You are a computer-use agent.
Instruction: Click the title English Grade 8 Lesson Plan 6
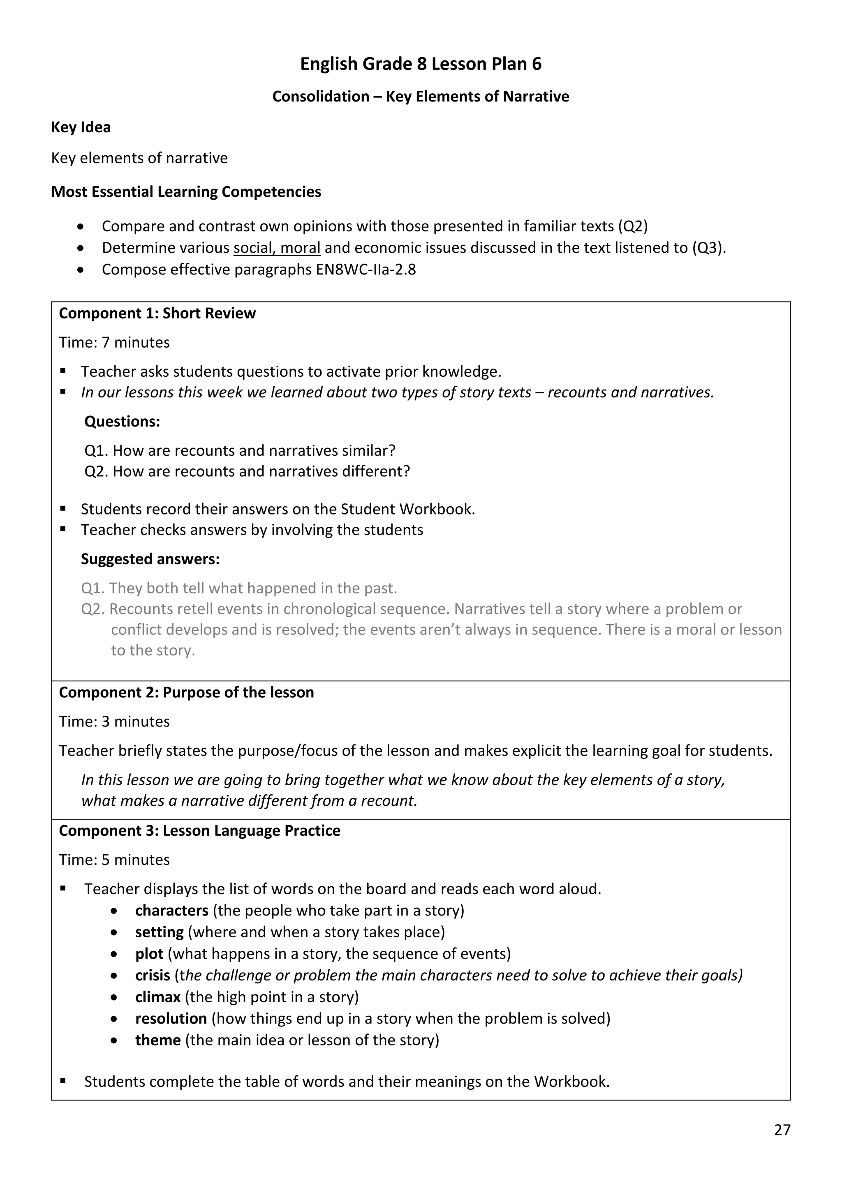[x=421, y=64]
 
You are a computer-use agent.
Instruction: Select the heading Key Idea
[x=81, y=127]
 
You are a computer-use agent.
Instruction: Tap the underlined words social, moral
[x=276, y=248]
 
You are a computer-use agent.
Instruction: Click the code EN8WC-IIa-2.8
[x=365, y=270]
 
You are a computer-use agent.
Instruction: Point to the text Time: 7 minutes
[x=114, y=343]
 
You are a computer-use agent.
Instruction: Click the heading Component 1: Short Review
[x=157, y=313]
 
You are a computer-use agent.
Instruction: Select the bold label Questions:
[x=123, y=421]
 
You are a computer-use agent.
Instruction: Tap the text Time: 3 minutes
[x=114, y=722]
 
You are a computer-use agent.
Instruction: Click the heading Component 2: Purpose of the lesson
[x=186, y=692]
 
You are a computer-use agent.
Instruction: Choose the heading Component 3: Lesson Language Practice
[x=200, y=830]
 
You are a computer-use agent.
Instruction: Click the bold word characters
[x=171, y=910]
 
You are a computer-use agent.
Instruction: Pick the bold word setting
[x=159, y=932]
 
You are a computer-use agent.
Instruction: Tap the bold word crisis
[x=153, y=975]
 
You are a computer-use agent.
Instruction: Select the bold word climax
[x=157, y=997]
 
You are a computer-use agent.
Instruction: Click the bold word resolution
[x=171, y=1019]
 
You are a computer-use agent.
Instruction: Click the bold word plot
[x=149, y=954]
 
